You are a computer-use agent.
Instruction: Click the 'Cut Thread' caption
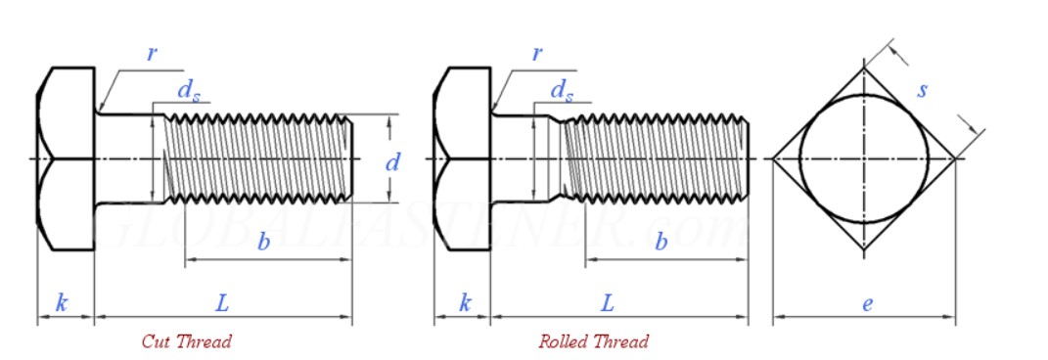(x=187, y=341)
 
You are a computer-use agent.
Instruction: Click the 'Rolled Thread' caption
(x=593, y=341)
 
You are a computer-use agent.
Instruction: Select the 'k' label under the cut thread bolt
(x=62, y=303)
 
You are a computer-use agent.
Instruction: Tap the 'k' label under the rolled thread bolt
(x=465, y=303)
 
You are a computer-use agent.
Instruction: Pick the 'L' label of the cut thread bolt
(x=222, y=303)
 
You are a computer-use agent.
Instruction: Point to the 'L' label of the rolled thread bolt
(x=607, y=303)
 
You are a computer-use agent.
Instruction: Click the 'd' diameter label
(x=392, y=162)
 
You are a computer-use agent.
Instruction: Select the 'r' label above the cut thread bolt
(x=152, y=54)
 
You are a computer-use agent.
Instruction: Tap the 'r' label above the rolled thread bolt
(x=537, y=54)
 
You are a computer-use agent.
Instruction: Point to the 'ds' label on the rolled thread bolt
(x=562, y=91)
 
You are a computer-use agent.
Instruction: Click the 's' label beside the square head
(x=922, y=90)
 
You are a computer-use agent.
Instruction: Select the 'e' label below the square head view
(x=867, y=303)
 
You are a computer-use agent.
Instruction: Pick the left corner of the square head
(x=774, y=158)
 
